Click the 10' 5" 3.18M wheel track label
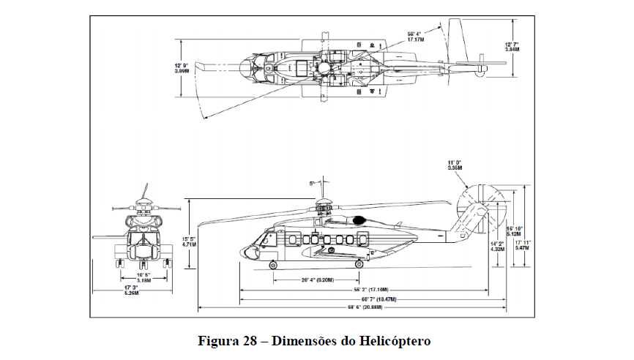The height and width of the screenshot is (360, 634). pyautogui.click(x=143, y=278)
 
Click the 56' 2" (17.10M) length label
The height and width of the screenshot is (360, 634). pyautogui.click(x=373, y=290)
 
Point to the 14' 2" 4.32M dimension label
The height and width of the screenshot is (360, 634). pyautogui.click(x=498, y=246)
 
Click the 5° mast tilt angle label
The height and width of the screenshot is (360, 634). pyautogui.click(x=311, y=183)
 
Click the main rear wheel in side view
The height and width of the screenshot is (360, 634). pyautogui.click(x=359, y=264)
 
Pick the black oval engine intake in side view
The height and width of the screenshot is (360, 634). pyautogui.click(x=359, y=220)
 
